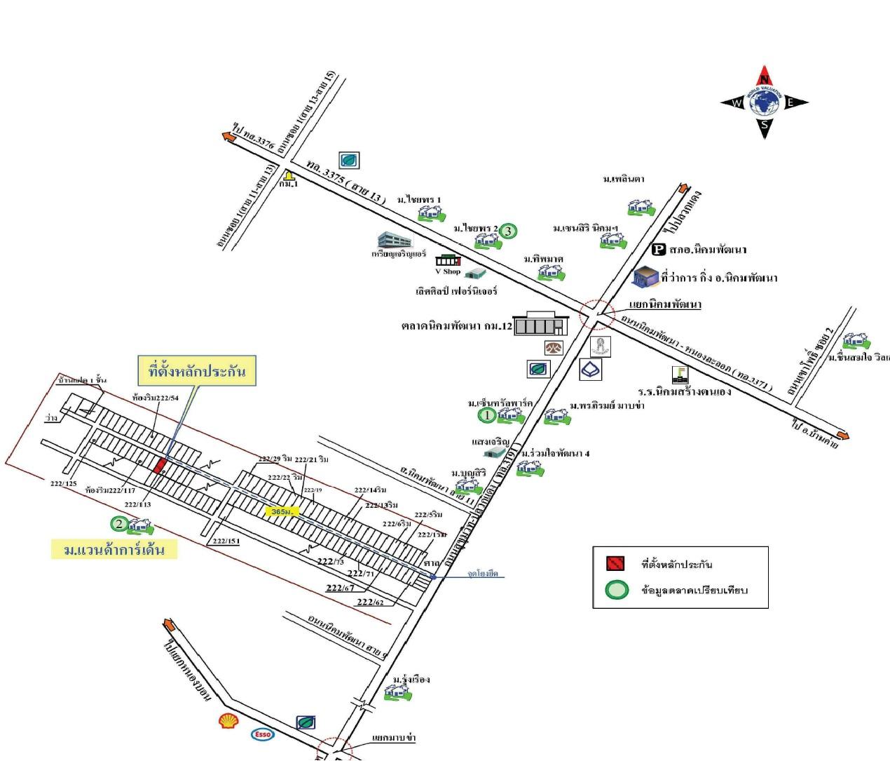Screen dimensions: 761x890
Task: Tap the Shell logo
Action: (228, 720)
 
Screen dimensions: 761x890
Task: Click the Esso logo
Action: (262, 734)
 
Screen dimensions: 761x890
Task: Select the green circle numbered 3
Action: (509, 230)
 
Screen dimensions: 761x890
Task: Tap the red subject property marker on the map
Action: (160, 465)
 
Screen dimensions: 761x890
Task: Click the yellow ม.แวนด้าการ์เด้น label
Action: (114, 549)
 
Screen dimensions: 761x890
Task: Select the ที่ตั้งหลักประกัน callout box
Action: (197, 371)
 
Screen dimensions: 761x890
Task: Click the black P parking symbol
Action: (658, 248)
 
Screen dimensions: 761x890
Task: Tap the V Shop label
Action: (448, 271)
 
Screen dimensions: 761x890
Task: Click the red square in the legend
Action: (615, 563)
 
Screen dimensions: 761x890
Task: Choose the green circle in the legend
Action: (616, 590)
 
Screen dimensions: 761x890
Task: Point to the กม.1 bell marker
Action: (289, 175)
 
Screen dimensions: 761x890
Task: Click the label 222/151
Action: (226, 541)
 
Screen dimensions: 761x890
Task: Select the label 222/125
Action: (64, 483)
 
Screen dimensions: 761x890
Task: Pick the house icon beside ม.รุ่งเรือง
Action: (397, 692)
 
